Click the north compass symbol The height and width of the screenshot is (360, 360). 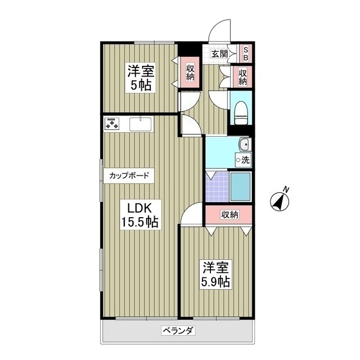[x=280, y=200]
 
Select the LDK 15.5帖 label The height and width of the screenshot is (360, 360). [x=139, y=214]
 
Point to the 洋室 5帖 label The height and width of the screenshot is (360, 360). [x=140, y=78]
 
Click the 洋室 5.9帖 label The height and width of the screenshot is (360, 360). [x=216, y=274]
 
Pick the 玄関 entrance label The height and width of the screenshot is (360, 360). [x=219, y=54]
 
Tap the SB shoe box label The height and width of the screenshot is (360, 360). [x=246, y=54]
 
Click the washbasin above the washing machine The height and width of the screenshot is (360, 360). [x=244, y=146]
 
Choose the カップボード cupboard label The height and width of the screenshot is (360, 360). [x=129, y=175]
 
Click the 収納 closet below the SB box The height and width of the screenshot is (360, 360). [x=243, y=76]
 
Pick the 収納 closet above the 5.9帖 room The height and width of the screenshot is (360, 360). [x=229, y=214]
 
